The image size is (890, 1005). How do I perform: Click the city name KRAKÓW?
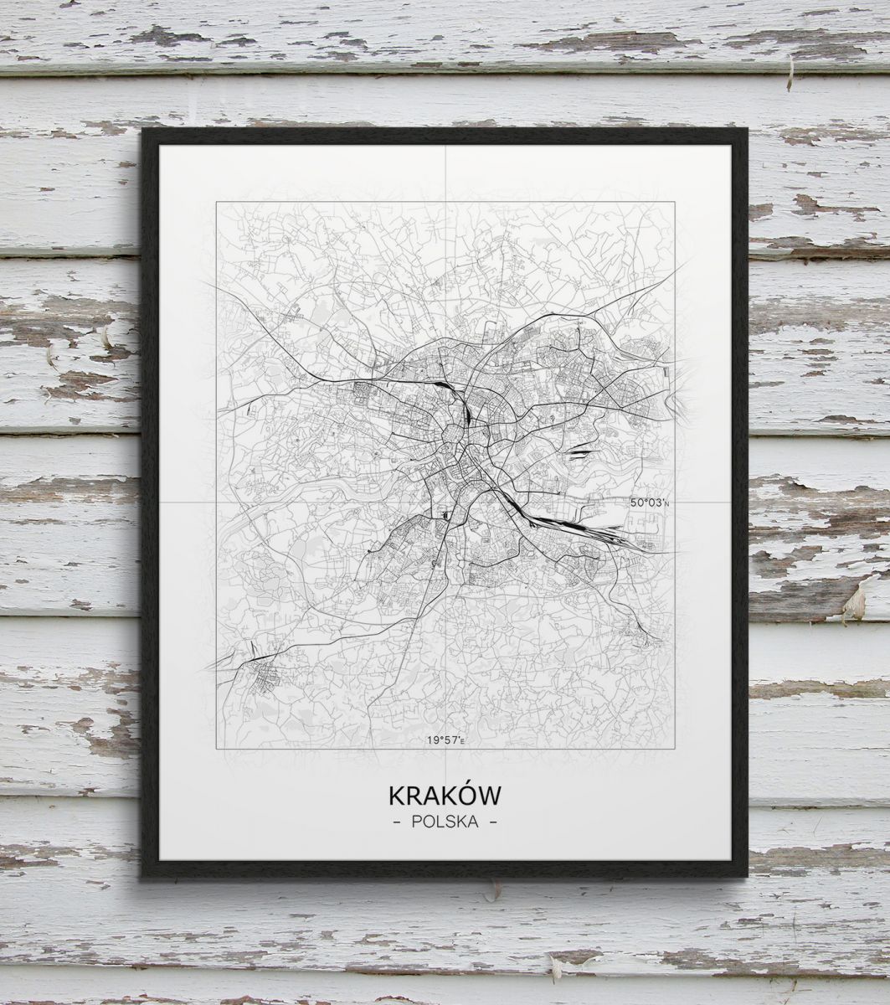(445, 795)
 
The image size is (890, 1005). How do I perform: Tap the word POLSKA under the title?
(445, 822)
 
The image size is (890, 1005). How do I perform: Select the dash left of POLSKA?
(396, 822)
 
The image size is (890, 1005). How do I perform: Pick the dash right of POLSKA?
(493, 822)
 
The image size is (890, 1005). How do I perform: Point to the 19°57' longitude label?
(444, 740)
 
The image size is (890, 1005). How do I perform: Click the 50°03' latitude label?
(650, 502)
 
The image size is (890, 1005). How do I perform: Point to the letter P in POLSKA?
(416, 822)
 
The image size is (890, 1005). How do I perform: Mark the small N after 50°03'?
(668, 504)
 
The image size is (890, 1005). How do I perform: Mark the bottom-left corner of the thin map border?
(217, 748)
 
